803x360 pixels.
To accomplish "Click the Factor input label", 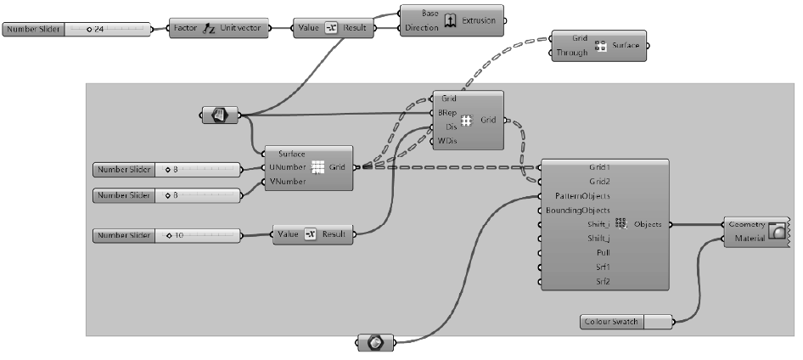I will [x=185, y=28].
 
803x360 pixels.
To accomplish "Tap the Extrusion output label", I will [x=479, y=20].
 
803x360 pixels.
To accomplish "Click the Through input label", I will [x=571, y=53].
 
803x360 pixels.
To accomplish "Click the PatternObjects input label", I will [x=585, y=195].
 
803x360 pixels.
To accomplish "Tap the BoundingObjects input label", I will [x=583, y=210].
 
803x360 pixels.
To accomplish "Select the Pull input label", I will [x=602, y=253].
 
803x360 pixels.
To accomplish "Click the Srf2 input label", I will [x=602, y=282].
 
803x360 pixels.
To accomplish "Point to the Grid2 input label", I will [x=599, y=181].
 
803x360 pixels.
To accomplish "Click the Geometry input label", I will [x=747, y=224].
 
